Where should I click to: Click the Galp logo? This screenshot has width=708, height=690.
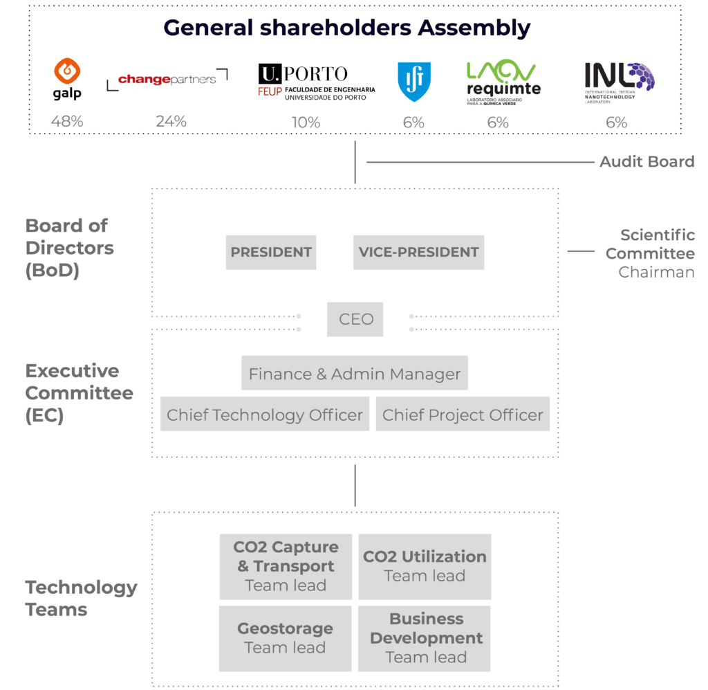(67, 79)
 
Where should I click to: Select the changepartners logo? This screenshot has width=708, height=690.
(167, 80)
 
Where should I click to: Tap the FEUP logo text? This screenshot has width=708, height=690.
(270, 91)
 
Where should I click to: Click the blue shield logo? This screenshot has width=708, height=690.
(414, 82)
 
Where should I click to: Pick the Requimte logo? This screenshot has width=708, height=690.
(503, 81)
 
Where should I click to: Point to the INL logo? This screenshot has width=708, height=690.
(619, 80)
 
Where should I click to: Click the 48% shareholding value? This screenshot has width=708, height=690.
(67, 122)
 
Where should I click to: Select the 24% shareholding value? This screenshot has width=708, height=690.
(171, 122)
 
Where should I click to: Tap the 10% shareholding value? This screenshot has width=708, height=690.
(306, 122)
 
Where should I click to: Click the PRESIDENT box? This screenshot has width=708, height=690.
(271, 253)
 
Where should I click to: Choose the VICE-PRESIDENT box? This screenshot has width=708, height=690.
(418, 253)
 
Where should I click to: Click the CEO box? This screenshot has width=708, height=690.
(355, 319)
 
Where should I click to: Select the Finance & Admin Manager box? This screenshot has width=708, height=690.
(355, 374)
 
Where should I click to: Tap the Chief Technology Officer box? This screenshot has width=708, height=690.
(265, 415)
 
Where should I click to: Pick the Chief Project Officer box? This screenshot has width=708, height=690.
(463, 415)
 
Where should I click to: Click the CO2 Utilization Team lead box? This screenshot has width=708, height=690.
(425, 567)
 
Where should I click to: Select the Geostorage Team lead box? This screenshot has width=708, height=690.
(285, 638)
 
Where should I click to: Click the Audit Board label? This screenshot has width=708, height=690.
(646, 162)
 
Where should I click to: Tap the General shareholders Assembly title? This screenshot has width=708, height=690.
(347, 28)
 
